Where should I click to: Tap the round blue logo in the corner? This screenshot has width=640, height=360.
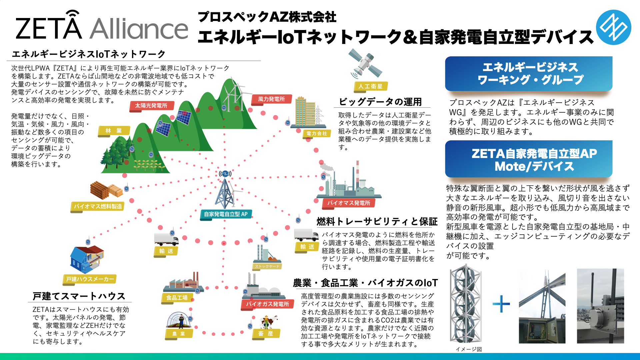pos(613,27)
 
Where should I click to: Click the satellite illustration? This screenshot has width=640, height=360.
pos(365,63)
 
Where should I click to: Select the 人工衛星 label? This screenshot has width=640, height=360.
pos(370,87)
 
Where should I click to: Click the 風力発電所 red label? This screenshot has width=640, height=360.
pos(271,99)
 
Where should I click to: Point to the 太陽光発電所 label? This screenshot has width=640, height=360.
pos(151,106)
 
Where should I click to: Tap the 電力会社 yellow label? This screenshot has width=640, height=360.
pos(317,134)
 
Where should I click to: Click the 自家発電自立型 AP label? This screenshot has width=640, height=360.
pos(226,214)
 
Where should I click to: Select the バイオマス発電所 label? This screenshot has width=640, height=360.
pos(348,203)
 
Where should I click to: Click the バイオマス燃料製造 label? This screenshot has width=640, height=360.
pos(98,207)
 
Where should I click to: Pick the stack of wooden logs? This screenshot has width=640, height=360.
pos(106,190)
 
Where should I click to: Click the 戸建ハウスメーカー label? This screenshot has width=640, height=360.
pos(90,279)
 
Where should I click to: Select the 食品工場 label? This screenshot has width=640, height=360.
pos(177,298)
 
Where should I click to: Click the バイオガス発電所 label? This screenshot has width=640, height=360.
pos(267,304)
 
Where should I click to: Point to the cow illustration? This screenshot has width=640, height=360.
pos(269,322)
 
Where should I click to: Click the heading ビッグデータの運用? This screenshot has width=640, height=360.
pos(380,102)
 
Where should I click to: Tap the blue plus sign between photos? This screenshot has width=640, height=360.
pos(501,304)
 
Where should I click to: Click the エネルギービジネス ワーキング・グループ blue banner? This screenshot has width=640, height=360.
pos(529,73)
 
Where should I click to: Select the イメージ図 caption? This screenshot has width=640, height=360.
pos(469,349)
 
